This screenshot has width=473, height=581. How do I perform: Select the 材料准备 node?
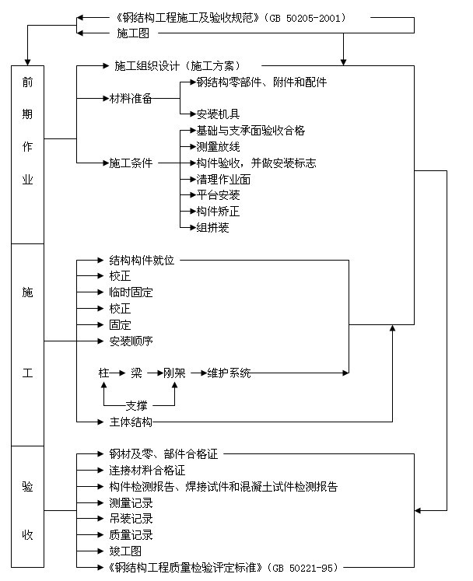[x=131, y=99]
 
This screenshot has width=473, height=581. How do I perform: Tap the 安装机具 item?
[x=207, y=114]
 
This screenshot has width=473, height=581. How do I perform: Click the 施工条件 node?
[x=131, y=163]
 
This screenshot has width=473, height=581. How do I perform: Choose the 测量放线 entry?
[x=207, y=146]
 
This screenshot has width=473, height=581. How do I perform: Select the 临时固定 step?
[x=131, y=292]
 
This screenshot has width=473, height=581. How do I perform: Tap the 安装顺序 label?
[x=131, y=341]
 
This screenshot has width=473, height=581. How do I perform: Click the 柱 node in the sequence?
[x=103, y=373]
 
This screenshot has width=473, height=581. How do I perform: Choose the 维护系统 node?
[x=229, y=373]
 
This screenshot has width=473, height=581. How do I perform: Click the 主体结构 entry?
[x=131, y=422]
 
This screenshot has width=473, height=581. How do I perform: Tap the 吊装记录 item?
[x=131, y=519]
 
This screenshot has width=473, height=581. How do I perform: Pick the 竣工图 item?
[x=125, y=551]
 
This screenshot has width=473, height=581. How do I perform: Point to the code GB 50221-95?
[x=303, y=568]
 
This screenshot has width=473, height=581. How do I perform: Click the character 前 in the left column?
[x=27, y=84]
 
